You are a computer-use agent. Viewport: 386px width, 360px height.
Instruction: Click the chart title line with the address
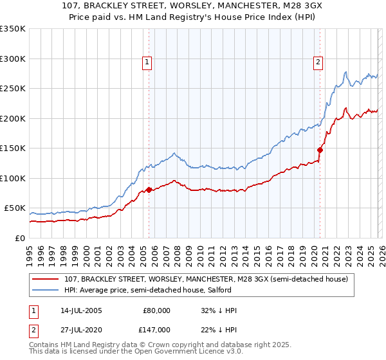coord(193,6)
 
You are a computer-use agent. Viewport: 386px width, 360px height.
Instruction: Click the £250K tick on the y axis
coord(13,88)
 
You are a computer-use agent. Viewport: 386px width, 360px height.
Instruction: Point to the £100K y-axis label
coord(13,178)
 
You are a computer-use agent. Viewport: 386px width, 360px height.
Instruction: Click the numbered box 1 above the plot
coord(148,62)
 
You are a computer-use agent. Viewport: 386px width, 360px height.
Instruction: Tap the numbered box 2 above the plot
coord(318,62)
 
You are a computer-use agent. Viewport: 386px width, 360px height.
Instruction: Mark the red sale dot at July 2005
coord(149,190)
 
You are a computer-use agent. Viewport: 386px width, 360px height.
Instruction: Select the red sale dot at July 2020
coord(320,150)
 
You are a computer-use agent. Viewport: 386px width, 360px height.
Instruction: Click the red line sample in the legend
coord(46,279)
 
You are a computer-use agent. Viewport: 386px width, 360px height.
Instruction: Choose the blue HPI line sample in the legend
coord(46,291)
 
